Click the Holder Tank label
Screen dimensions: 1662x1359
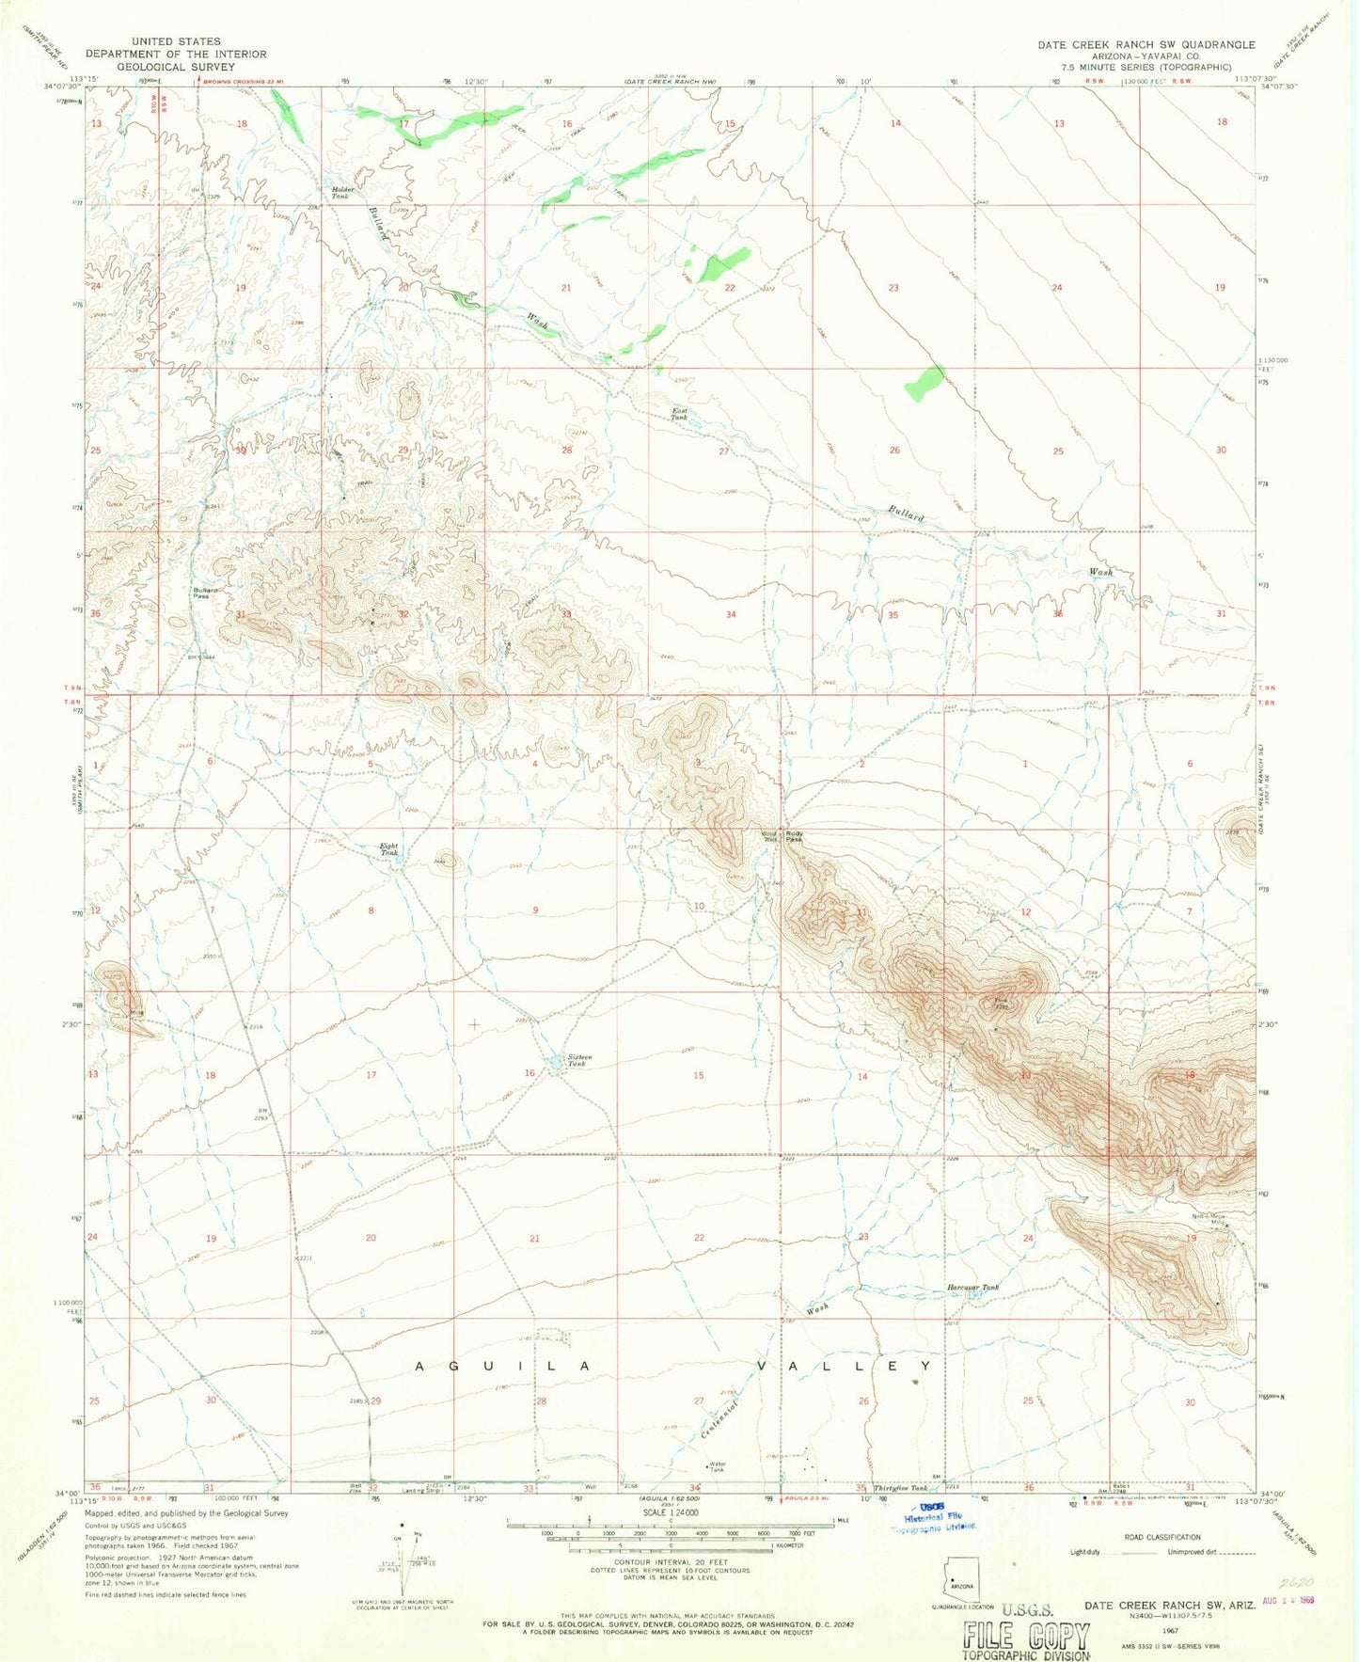(x=340, y=193)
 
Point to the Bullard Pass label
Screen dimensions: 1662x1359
(x=205, y=593)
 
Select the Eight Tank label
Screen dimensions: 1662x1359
(x=388, y=849)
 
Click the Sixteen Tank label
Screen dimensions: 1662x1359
(x=577, y=1060)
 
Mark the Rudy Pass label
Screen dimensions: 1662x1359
(x=794, y=835)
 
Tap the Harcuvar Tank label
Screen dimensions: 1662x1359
(x=972, y=1288)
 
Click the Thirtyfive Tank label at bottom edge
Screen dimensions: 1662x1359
(x=900, y=1488)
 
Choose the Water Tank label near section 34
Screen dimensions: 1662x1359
(x=717, y=1467)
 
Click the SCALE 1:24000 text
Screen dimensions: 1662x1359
(x=670, y=1512)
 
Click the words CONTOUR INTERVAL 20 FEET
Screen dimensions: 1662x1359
(x=670, y=1562)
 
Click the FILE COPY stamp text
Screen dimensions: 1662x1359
(x=1026, y=1638)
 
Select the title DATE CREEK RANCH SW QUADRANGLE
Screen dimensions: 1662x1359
(x=1146, y=44)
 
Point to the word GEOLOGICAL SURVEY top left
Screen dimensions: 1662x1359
(x=176, y=67)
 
